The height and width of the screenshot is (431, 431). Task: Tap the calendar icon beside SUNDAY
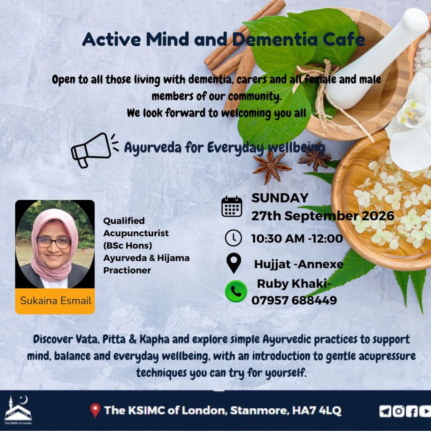(232, 206)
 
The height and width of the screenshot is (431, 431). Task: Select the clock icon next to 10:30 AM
(233, 238)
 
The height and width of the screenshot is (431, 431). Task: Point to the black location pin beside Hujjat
(234, 263)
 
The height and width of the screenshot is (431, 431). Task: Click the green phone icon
(236, 291)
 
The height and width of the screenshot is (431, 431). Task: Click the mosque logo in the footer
(18, 410)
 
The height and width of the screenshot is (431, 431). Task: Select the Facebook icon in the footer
(412, 411)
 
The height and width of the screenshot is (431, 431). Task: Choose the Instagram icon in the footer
(398, 411)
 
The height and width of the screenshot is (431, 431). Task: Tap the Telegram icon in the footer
(386, 411)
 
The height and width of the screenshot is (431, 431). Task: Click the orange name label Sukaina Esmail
(55, 301)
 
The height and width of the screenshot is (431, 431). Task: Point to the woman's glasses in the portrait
(54, 243)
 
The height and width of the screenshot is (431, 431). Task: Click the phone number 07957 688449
(294, 300)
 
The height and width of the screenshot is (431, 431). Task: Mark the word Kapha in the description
(154, 340)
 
